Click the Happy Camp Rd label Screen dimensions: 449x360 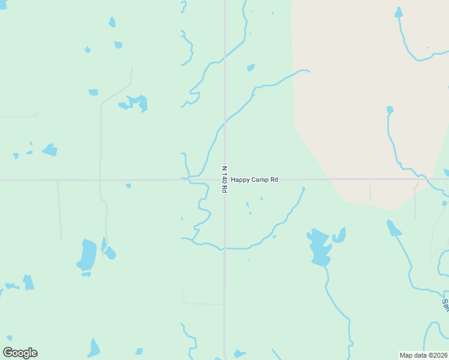point(255,179)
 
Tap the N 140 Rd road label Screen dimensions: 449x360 point(224,179)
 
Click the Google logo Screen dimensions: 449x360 point(20,353)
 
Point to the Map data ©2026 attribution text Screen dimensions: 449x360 point(423,355)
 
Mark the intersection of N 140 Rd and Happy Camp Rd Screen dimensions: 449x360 point(224,179)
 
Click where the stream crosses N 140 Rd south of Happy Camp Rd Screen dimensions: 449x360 point(224,248)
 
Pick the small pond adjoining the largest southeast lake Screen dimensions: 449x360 point(340,235)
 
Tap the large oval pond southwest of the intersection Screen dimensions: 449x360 point(87,255)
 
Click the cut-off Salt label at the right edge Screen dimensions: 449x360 point(445,305)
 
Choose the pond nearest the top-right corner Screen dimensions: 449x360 point(398,12)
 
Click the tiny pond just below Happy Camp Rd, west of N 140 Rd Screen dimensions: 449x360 point(128,186)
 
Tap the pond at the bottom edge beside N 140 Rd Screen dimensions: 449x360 point(240,353)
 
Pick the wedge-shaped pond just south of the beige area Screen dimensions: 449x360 point(393,228)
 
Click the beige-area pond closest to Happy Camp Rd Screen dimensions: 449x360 point(390,110)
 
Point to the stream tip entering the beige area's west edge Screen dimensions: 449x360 point(307,71)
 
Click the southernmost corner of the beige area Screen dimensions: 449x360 point(393,209)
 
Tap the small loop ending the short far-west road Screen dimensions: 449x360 point(35,115)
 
